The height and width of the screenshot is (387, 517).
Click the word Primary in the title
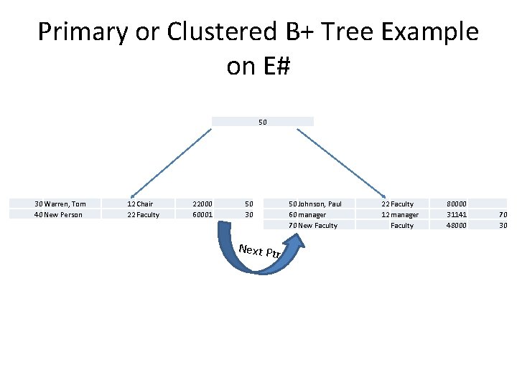(80, 32)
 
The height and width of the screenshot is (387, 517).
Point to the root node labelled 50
(263, 122)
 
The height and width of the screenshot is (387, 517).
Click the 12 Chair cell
(140, 204)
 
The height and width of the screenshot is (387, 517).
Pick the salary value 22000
(203, 204)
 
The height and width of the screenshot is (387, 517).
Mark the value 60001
(203, 215)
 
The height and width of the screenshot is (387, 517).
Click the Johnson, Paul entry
(319, 204)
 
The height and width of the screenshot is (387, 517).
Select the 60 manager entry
(307, 215)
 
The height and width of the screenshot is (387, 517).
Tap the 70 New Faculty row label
(313, 226)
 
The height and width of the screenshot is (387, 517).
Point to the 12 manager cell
(400, 215)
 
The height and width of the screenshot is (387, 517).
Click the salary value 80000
(457, 204)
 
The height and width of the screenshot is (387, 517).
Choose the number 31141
(457, 215)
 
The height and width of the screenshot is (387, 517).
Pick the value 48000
(457, 226)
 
